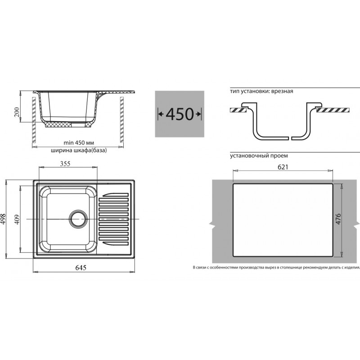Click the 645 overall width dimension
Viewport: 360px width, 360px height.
(81, 268)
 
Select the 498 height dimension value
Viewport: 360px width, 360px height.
(3, 219)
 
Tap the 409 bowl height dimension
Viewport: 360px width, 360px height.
(17, 220)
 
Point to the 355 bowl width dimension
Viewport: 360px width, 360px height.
(65, 164)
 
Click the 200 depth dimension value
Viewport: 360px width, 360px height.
(17, 112)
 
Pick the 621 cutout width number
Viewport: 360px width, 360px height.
(283, 167)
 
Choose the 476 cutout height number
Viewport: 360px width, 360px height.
(338, 219)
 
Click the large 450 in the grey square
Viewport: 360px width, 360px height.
(180, 114)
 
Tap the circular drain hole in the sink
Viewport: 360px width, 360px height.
(79, 219)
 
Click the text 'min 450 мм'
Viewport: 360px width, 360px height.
(79, 143)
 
